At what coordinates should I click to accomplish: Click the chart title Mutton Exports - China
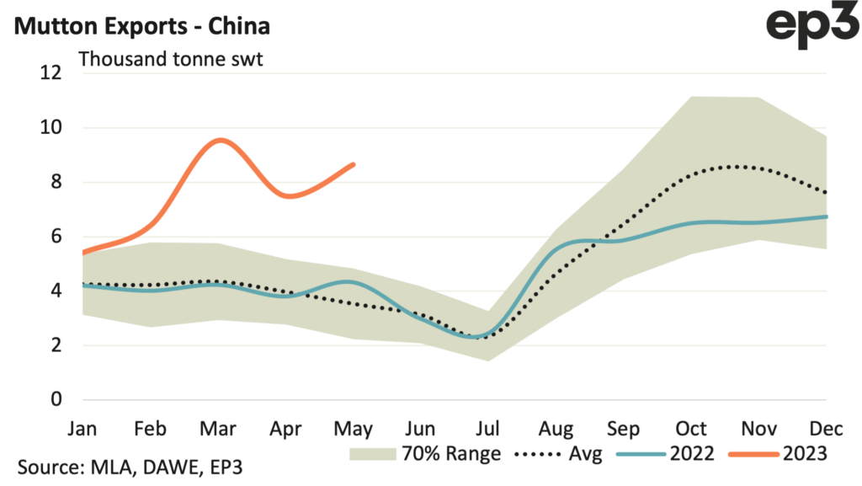pos(141,25)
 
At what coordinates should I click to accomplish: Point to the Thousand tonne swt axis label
pos(172,61)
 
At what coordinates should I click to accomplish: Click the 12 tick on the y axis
pos(51,73)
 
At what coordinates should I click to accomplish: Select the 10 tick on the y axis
pos(51,128)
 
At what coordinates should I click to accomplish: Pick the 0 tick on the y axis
pos(56,399)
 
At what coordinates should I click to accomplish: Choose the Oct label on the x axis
pos(690,428)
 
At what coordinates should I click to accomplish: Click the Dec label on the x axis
pos(825,428)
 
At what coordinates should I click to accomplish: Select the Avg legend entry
pos(560,454)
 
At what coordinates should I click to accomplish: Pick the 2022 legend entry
pos(665,454)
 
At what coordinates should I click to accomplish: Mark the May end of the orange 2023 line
pos(354,164)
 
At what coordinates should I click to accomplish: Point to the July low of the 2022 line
pos(478,337)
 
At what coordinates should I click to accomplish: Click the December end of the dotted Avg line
pos(826,193)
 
